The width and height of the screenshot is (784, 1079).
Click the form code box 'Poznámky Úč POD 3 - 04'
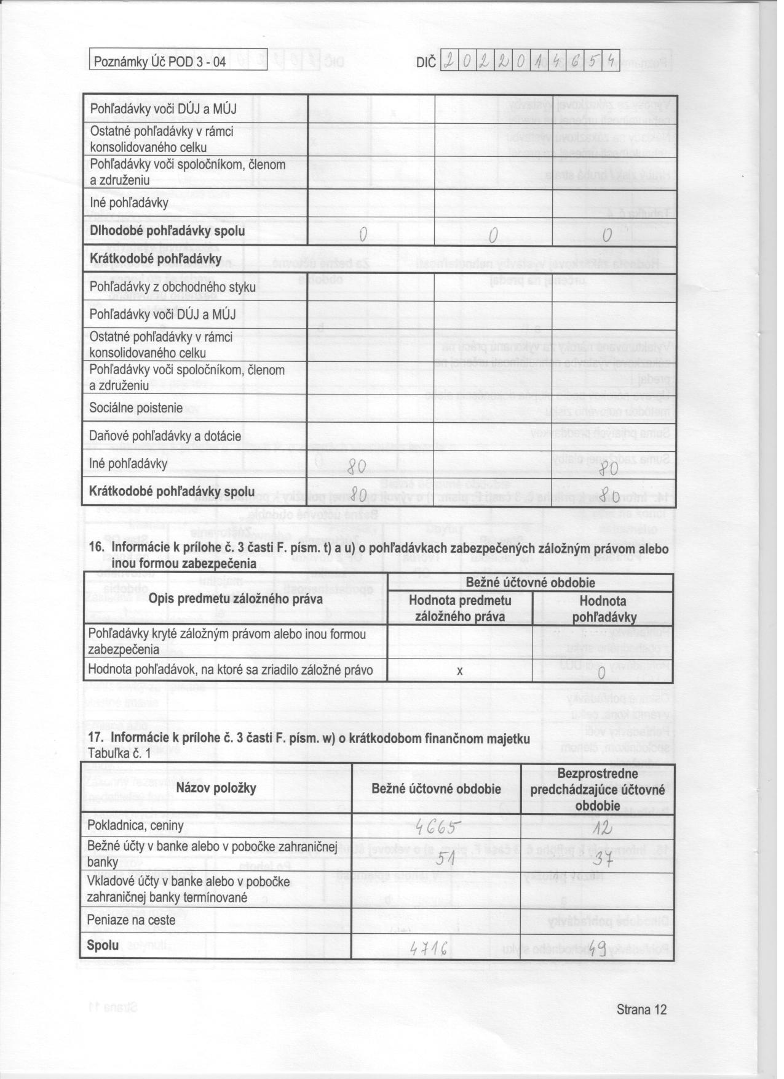pos(159,62)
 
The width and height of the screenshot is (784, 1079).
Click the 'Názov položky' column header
pos(216,788)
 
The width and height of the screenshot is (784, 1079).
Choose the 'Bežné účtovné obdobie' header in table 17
pos(436,789)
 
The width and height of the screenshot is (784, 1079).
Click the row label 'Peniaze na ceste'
pos(132,920)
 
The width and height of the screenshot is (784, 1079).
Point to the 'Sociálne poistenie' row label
pos(137,408)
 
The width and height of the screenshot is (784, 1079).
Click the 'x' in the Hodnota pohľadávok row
pos(459,671)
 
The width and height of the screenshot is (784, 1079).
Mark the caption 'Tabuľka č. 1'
pos(119,753)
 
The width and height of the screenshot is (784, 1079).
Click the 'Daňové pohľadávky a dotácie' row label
pos(165,436)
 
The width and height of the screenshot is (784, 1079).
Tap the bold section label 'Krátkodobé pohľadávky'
pos(156,259)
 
